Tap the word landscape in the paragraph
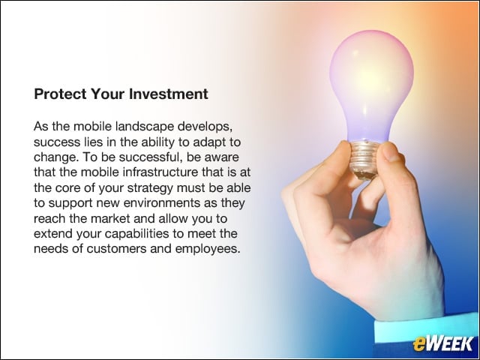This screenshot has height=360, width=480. click(145, 127)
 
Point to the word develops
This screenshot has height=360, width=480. click(203, 127)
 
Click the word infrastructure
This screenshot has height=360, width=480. click(160, 172)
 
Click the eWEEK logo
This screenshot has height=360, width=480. click(442, 343)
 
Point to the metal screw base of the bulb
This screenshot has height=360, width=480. click(364, 159)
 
